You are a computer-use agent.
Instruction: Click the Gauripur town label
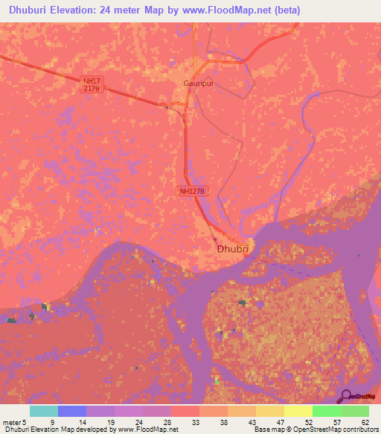[x=196, y=84]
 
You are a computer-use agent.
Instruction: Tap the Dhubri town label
[x=231, y=251]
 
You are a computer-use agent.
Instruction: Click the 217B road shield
[x=91, y=88]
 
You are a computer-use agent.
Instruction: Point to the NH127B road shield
[x=193, y=191]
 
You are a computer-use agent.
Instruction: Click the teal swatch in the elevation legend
[x=44, y=412]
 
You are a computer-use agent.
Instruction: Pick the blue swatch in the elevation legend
[x=72, y=412]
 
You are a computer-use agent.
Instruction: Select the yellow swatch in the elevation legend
[x=297, y=412]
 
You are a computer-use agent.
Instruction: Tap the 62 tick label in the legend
[x=365, y=422]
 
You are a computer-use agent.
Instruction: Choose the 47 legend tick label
[x=279, y=422]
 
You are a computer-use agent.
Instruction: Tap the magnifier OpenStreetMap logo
[x=346, y=396]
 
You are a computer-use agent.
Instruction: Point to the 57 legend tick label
[x=336, y=422]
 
